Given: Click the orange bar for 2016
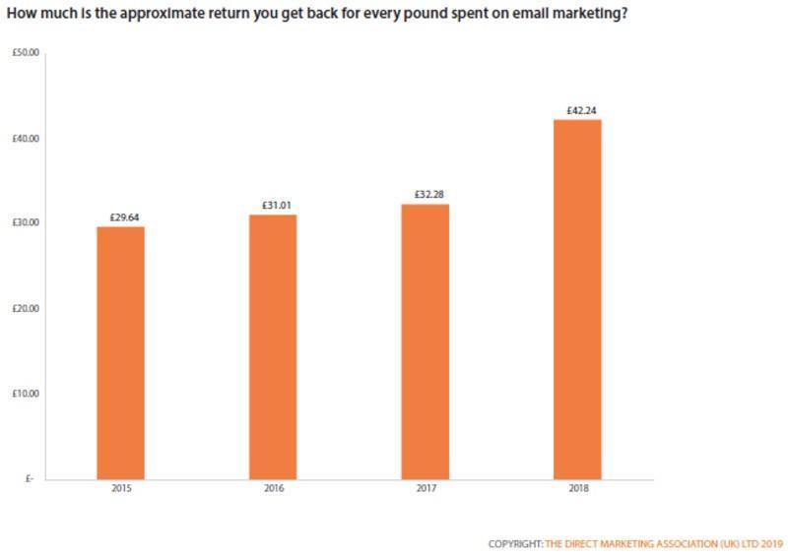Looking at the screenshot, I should click(x=273, y=346).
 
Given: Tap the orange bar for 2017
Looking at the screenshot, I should click(x=425, y=341).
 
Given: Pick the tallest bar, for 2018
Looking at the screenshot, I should click(x=577, y=299).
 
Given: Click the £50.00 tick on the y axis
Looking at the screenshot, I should click(x=25, y=53).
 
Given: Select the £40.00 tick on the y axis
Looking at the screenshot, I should click(x=25, y=139).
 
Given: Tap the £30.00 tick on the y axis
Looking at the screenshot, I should click(x=25, y=223).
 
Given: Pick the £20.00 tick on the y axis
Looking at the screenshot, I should click(x=25, y=309).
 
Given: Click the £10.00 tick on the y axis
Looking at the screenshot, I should click(x=25, y=394).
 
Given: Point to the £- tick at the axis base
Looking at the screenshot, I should click(x=30, y=479).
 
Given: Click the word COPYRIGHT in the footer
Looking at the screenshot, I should click(x=514, y=543).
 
